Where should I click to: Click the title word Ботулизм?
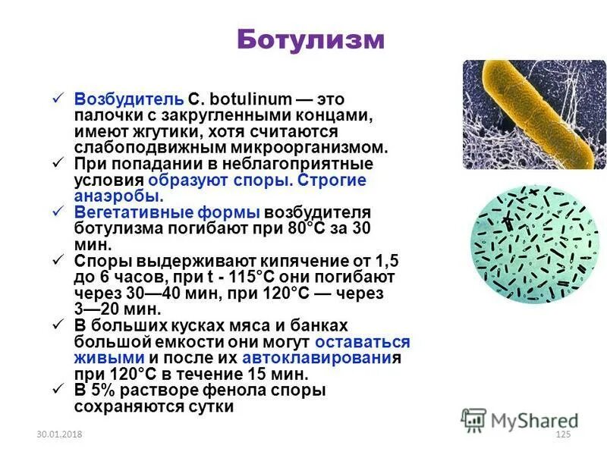tap(310, 39)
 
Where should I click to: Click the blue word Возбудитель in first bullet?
tap(128, 99)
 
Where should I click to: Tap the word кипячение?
tap(267, 261)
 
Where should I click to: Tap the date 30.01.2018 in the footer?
tap(58, 433)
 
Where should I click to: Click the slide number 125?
tap(562, 433)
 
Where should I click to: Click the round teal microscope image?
tap(534, 246)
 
